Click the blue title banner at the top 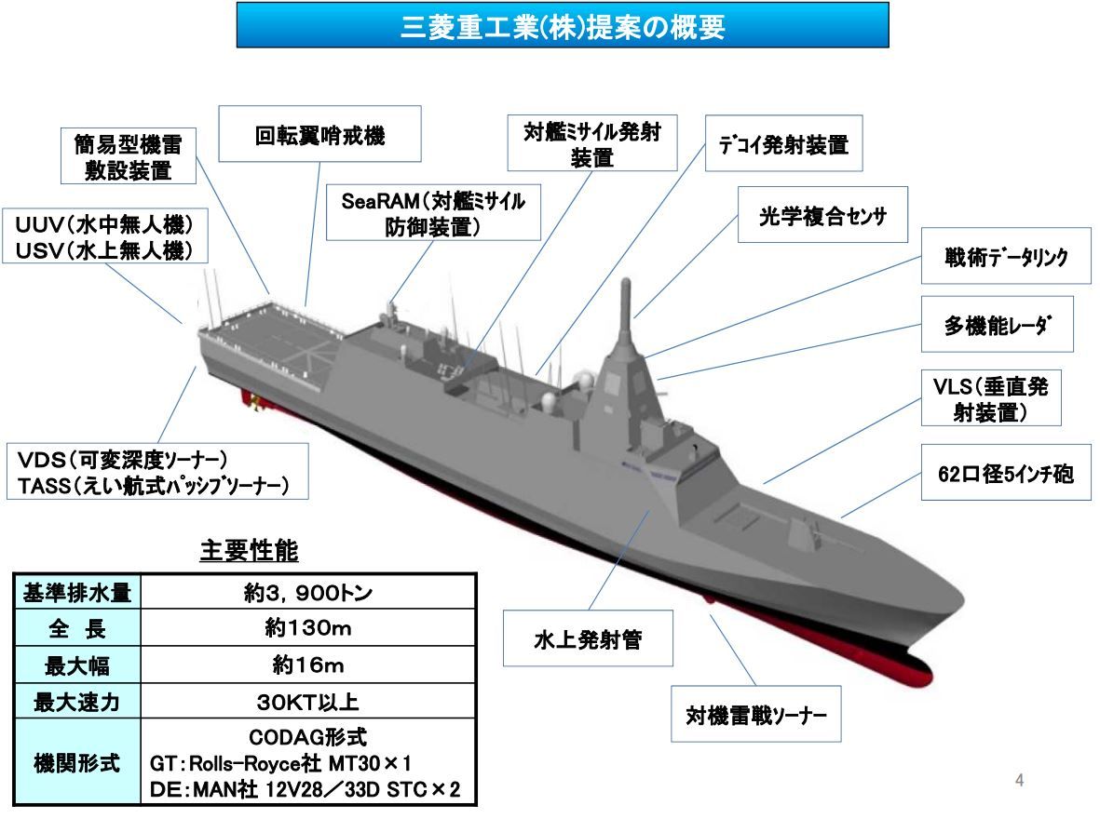point(563,25)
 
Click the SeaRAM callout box point(433,212)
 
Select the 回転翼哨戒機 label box point(319,134)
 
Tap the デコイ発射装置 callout point(783,143)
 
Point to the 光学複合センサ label point(822,215)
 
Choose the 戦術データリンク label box point(1006,256)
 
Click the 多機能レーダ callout point(997,324)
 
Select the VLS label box point(991,398)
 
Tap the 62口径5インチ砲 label point(1006,473)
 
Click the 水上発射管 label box point(588,638)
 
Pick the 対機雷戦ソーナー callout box point(756,714)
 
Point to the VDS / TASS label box point(157,471)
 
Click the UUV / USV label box point(105,235)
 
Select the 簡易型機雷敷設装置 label point(129,155)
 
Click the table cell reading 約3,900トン point(308,593)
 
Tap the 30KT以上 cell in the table point(308,701)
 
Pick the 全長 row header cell point(77,627)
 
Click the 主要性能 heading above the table point(249,550)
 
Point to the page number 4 point(1019,780)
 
